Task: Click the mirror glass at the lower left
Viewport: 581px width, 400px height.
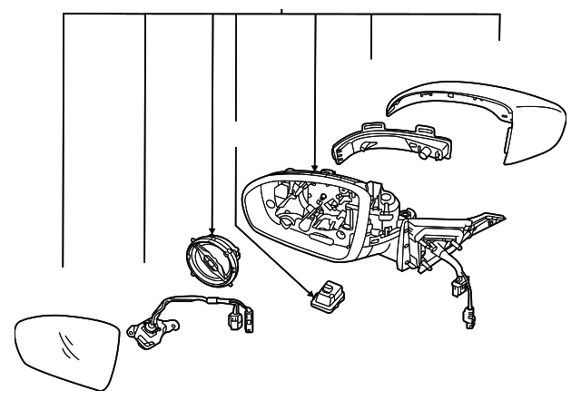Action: click(68, 348)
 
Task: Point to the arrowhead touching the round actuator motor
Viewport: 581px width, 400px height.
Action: click(212, 233)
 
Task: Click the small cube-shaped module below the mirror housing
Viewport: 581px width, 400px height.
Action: click(326, 296)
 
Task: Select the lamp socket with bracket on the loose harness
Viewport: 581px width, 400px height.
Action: click(145, 335)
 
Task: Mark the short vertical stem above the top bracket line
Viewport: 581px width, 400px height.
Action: click(281, 9)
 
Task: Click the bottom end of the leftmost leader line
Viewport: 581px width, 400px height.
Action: click(63, 267)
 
